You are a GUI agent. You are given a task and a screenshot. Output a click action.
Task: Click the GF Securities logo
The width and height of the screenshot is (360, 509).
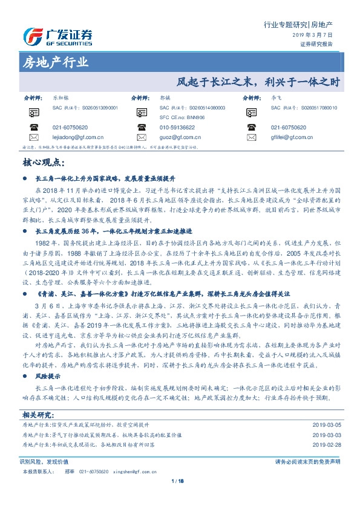click(x=57, y=37)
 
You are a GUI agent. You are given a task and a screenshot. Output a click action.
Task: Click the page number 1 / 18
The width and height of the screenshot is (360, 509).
click(x=180, y=498)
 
